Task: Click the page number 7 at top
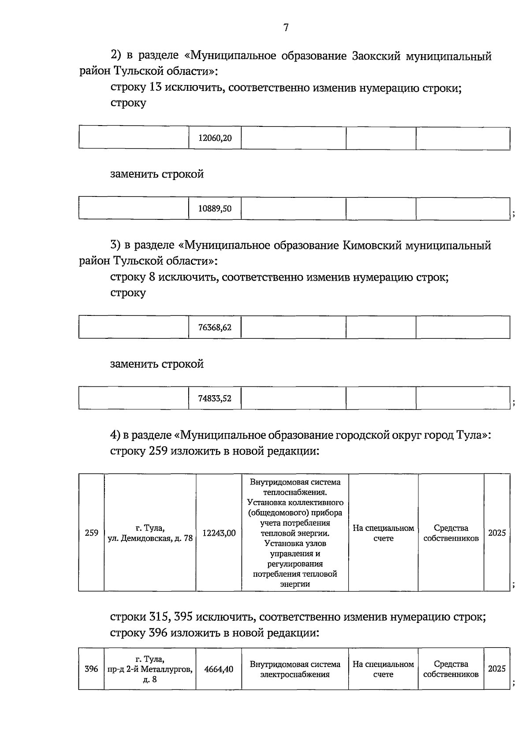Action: click(286, 28)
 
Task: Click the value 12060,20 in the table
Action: click(215, 138)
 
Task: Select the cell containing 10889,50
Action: click(215, 209)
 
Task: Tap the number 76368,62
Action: click(215, 327)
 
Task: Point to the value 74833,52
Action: click(215, 398)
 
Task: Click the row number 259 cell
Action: click(91, 533)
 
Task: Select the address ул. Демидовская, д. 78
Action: click(150, 538)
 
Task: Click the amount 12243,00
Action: click(219, 533)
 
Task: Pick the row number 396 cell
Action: click(91, 669)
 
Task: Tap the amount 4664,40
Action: click(219, 669)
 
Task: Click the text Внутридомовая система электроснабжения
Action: click(295, 669)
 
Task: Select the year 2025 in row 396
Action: click(497, 668)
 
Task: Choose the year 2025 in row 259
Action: click(497, 533)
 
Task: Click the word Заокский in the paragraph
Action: click(377, 56)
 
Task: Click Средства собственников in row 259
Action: click(451, 533)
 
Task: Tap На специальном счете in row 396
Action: click(383, 669)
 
